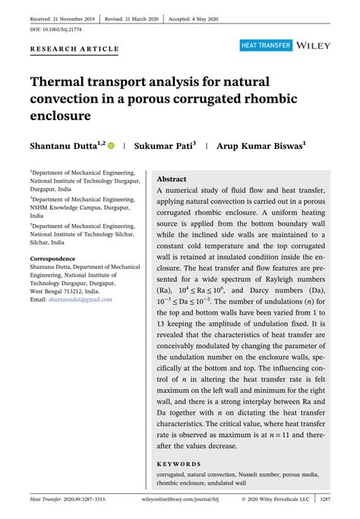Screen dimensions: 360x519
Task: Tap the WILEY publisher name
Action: click(313, 46)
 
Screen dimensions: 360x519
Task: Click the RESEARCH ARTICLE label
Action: click(74, 49)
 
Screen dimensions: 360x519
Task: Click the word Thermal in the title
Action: click(62, 81)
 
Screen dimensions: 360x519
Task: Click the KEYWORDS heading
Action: click(178, 464)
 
